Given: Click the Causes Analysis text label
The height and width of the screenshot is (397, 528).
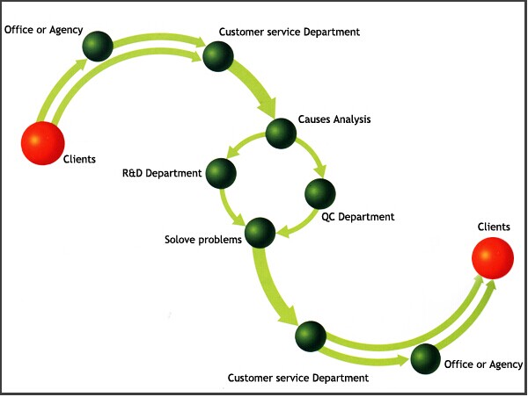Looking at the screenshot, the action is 334,119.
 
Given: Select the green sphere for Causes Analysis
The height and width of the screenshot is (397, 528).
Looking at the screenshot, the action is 281,134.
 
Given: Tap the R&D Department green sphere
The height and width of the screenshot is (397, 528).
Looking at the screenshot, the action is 221,173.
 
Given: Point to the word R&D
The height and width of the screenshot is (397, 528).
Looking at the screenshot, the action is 132,173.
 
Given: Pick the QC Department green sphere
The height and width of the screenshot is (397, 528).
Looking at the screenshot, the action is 320,194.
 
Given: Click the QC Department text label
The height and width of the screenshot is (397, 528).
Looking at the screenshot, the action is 357,217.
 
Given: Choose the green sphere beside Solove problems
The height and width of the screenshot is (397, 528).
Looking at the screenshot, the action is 260,233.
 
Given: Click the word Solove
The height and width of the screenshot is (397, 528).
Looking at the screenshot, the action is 180,240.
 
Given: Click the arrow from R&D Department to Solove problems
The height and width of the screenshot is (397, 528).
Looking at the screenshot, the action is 229,209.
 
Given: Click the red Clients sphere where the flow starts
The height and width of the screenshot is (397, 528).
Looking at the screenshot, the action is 43,143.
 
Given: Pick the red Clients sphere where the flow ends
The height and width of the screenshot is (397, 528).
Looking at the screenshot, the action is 493,258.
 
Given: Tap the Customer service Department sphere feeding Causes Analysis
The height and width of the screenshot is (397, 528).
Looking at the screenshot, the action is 218,56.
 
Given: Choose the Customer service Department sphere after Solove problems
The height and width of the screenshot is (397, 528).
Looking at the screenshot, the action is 311,336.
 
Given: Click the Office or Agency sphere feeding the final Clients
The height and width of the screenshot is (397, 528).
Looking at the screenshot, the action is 426,358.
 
